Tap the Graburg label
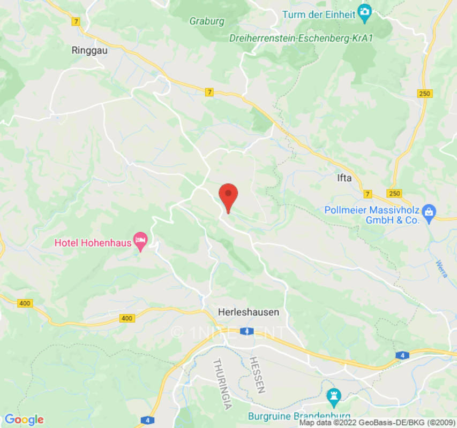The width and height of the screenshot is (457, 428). tap(207, 21)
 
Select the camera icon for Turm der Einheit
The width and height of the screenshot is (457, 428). tap(365, 11)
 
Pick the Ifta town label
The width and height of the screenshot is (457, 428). tap(344, 178)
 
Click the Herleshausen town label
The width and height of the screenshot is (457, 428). tap(249, 311)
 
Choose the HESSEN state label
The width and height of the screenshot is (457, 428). tap(257, 374)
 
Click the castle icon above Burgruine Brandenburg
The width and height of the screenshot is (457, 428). tap(334, 396)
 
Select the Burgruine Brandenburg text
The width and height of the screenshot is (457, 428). tap(299, 416)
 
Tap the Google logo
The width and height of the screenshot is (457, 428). tap(24, 419)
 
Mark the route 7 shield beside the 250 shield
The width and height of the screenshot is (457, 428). tap(368, 193)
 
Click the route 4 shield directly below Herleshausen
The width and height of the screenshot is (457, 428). tap(246, 331)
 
